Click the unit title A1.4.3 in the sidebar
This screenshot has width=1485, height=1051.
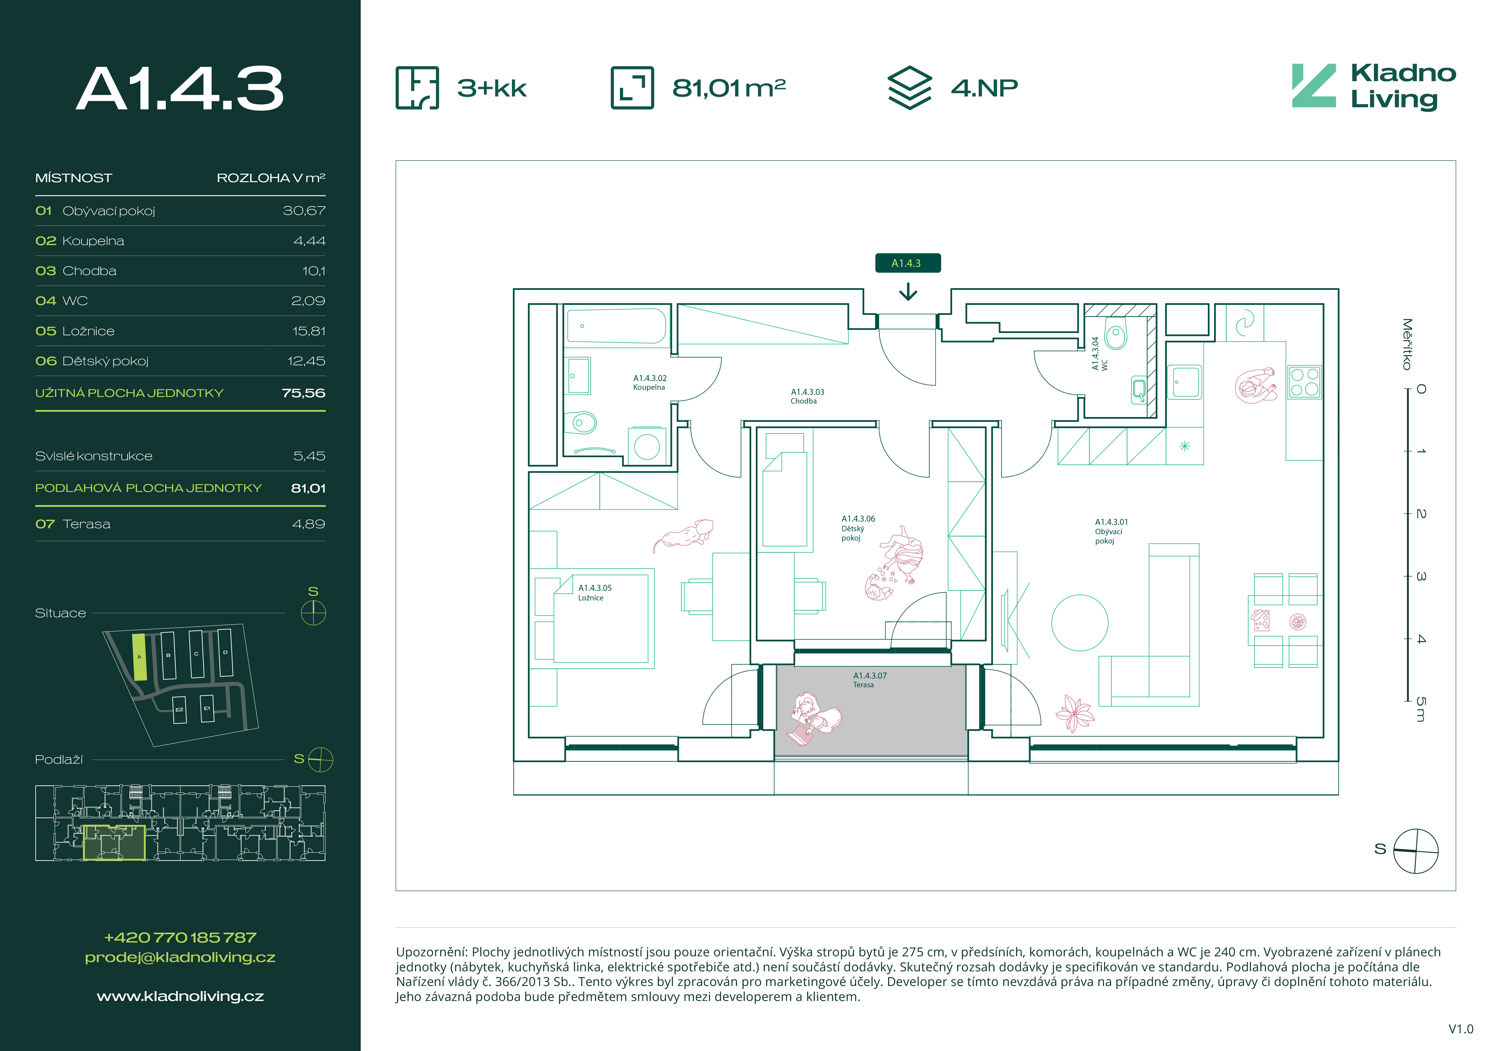tap(180, 89)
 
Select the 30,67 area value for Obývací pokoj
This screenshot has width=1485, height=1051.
tap(304, 211)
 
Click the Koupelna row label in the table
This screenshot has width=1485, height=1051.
tap(93, 241)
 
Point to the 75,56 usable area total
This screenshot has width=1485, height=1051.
tap(303, 393)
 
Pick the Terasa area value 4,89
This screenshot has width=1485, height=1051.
tap(309, 524)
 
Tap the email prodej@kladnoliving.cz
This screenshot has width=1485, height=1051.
tap(180, 957)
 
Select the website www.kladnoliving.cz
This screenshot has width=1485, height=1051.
tap(180, 996)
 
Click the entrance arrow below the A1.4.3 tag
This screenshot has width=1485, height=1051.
tap(908, 292)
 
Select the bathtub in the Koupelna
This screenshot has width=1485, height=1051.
tap(616, 326)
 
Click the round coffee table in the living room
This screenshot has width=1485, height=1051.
tap(1079, 623)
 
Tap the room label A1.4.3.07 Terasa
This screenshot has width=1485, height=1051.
tap(869, 679)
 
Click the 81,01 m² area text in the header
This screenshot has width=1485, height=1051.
tap(729, 87)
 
